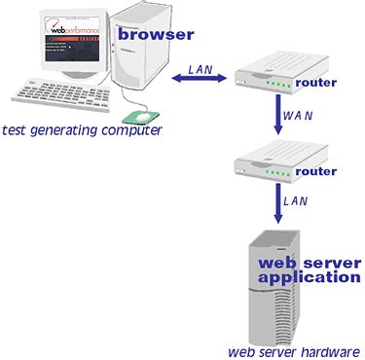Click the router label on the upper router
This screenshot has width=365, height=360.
(315, 83)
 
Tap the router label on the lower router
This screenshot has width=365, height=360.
(315, 170)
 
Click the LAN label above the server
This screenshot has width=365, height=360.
(296, 200)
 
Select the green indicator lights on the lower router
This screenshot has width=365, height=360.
(278, 176)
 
